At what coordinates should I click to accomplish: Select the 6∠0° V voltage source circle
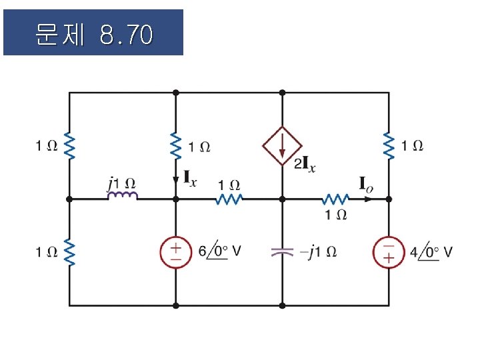tap(176, 253)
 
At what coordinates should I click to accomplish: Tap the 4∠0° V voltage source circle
tap(389, 253)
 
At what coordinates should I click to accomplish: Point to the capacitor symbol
tap(282, 252)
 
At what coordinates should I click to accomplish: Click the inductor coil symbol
tap(123, 195)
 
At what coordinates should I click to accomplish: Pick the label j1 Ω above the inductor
tap(121, 181)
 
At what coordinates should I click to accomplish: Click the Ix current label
tap(191, 178)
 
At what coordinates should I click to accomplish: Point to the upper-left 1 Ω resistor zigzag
tap(69, 145)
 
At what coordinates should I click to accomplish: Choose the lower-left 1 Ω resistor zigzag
tap(69, 252)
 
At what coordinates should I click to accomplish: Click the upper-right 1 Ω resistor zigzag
tap(389, 145)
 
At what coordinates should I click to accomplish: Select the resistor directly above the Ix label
tap(176, 145)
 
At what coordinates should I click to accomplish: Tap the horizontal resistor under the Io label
tap(335, 199)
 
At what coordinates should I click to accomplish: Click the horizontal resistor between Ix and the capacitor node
tap(229, 199)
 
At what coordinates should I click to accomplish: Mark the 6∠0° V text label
tap(219, 252)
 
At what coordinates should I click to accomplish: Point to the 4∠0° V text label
tap(431, 252)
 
